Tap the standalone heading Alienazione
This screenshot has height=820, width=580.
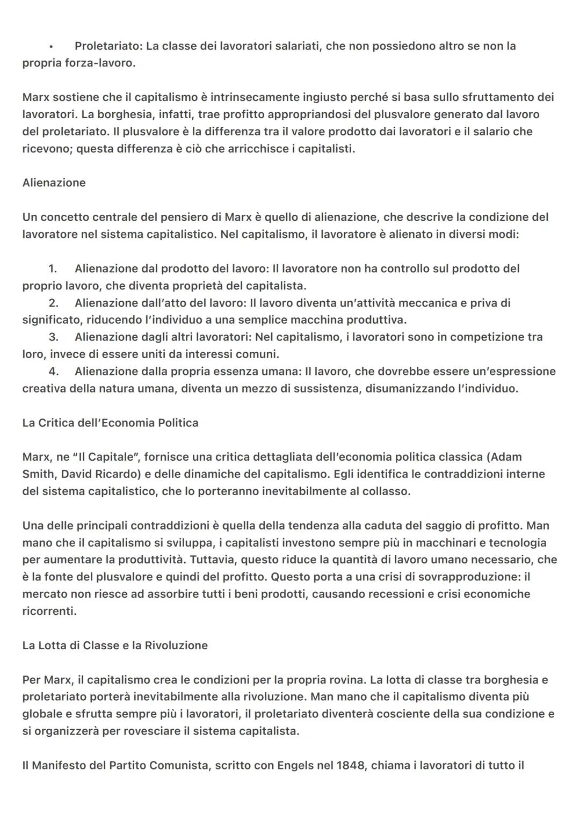pos(54,183)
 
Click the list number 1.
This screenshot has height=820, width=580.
pos(53,269)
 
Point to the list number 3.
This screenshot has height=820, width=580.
pos(53,337)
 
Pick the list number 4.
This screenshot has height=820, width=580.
pos(53,372)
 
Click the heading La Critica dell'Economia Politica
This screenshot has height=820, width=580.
pos(110,423)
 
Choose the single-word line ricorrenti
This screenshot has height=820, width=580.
pos(49,611)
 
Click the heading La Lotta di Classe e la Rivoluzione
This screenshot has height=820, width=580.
pos(115,645)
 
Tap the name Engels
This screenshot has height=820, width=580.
pos(296,765)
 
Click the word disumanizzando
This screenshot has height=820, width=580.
pos(407,388)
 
